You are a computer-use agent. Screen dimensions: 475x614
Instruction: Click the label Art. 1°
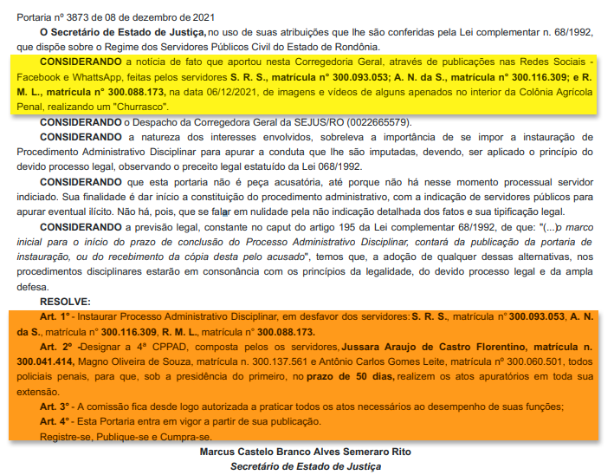click(x=55, y=316)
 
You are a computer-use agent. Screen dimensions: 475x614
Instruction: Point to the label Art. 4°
click(x=55, y=422)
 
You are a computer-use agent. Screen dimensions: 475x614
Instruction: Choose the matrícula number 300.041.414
click(x=50, y=361)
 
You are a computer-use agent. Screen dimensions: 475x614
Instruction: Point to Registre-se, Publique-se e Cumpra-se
click(x=124, y=436)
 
